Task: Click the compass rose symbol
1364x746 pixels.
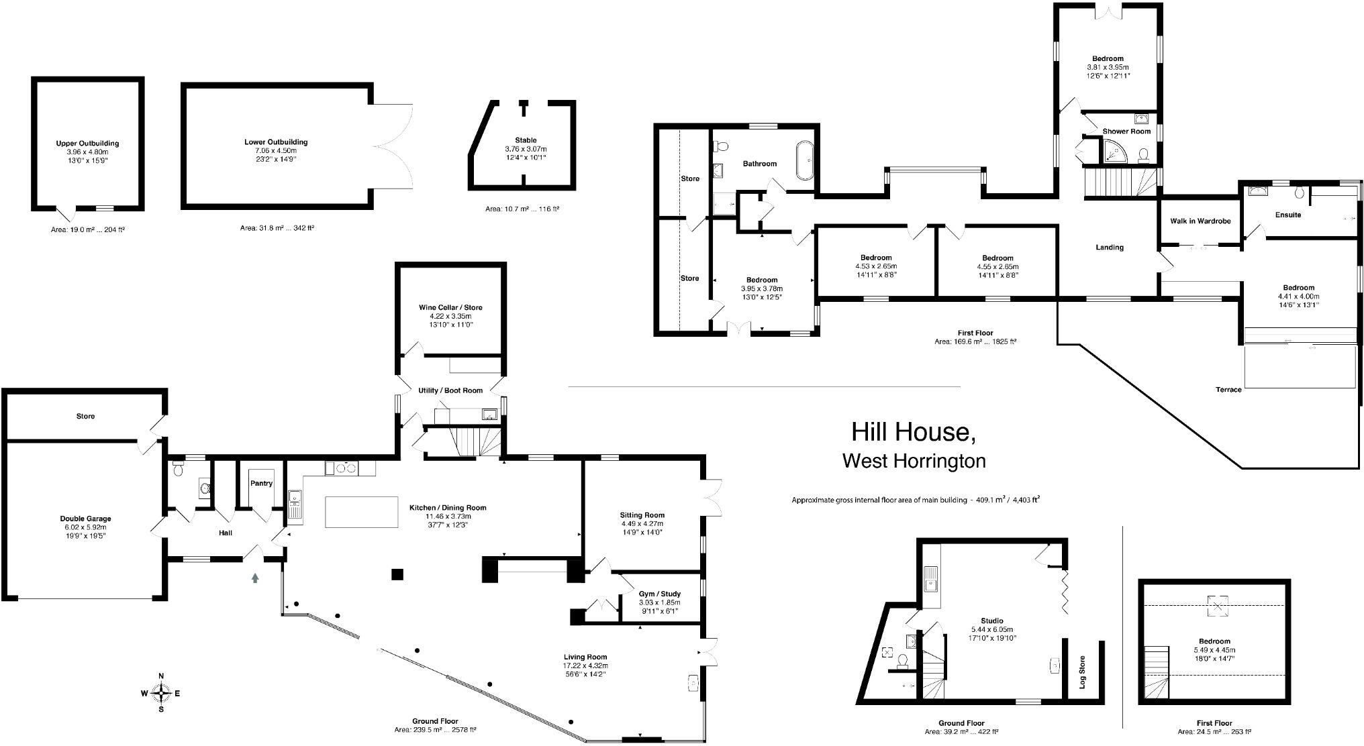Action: click(x=161, y=692)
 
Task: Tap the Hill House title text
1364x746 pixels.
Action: click(x=913, y=433)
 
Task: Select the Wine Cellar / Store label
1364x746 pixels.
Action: click(x=450, y=307)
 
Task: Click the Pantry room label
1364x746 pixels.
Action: click(x=261, y=483)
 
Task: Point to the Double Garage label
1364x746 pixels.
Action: click(x=85, y=519)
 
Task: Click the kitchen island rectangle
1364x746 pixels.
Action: click(x=362, y=512)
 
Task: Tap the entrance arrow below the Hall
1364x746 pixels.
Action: click(x=255, y=578)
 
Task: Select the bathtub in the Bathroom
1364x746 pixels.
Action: click(x=804, y=160)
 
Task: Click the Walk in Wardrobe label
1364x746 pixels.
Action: click(x=1200, y=221)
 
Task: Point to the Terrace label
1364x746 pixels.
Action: click(x=1228, y=390)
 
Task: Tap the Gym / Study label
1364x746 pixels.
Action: click(x=659, y=594)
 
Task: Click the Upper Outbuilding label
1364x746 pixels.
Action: click(x=87, y=144)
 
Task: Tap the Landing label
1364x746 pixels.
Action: click(x=1110, y=248)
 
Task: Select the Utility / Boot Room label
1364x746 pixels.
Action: click(x=450, y=390)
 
